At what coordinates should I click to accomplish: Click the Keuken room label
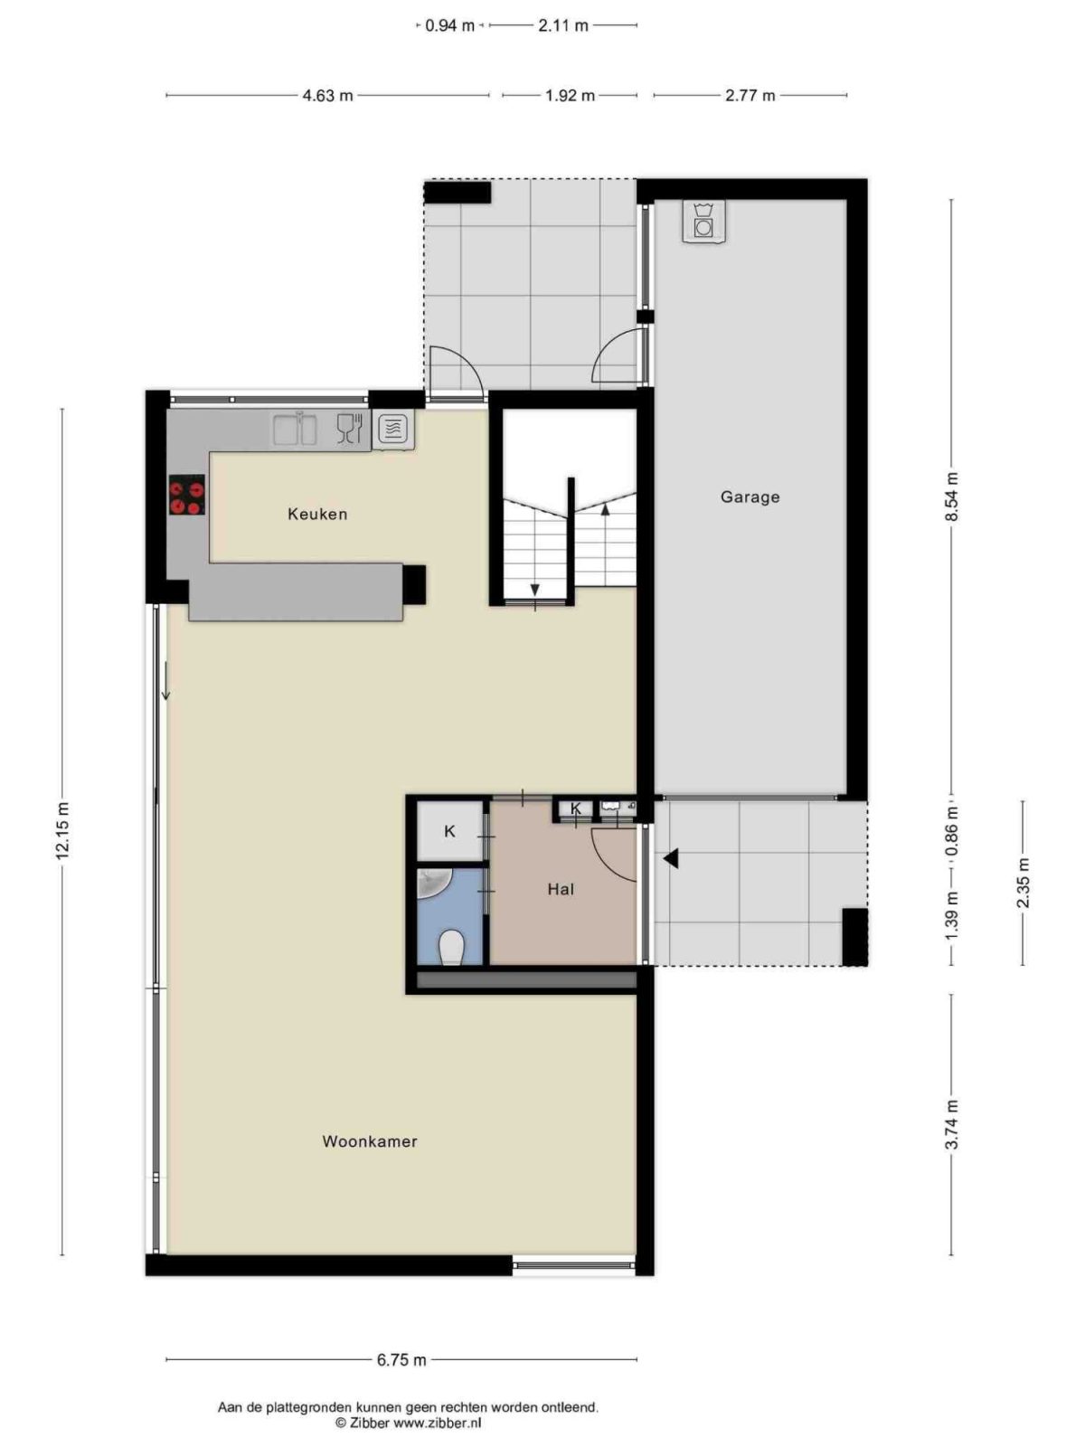317,514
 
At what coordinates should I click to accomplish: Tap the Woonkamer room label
370,1141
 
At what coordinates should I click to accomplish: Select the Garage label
750,497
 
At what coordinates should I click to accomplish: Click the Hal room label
561,889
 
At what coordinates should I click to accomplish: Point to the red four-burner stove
187,495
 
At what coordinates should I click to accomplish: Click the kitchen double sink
295,429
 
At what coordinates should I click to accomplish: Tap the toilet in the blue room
450,948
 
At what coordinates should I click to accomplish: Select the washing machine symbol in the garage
703,221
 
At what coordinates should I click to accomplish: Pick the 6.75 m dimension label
401,1359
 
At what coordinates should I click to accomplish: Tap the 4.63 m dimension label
327,95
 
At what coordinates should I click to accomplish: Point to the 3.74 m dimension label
951,1125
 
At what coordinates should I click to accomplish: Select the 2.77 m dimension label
750,95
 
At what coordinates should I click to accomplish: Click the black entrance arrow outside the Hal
670,859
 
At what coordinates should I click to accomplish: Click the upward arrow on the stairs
605,510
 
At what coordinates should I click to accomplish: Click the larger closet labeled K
450,831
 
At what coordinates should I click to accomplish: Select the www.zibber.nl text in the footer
437,1423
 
